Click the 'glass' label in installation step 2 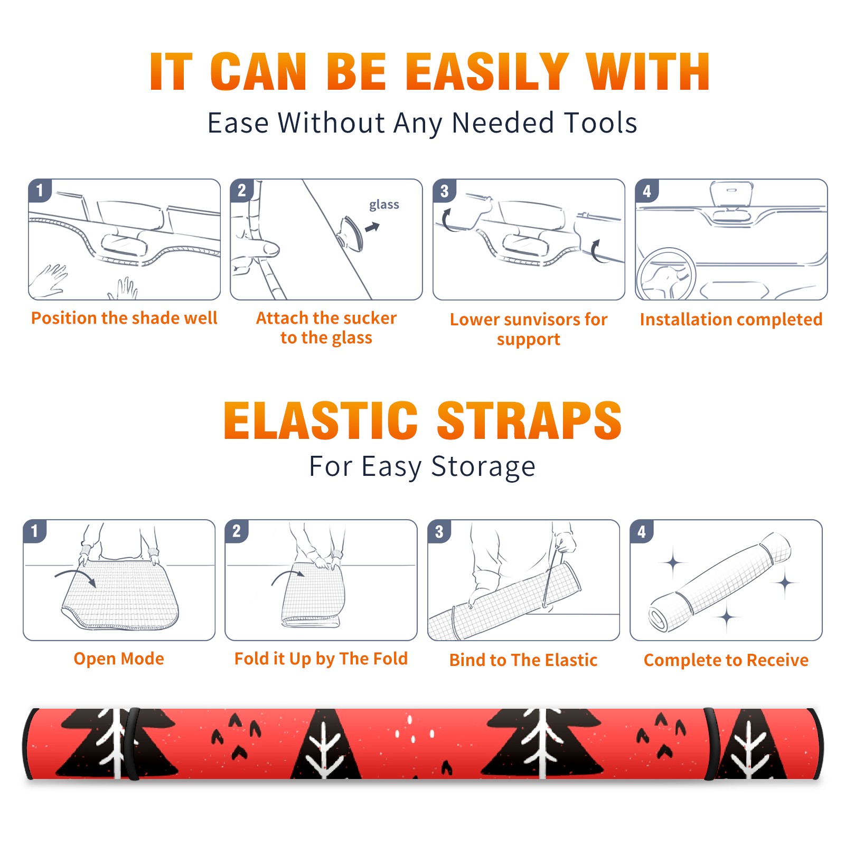tap(384, 205)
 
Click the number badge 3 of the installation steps tap(444, 191)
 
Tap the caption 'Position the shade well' tap(124, 318)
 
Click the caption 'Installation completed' tap(731, 320)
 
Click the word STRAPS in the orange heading tap(529, 420)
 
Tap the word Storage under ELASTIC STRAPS tap(483, 467)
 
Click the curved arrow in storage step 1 tap(75, 577)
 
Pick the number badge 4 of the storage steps tap(641, 531)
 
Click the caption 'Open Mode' tap(119, 659)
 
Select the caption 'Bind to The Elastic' tap(523, 660)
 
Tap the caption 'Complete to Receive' tap(726, 660)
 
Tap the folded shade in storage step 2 tap(314, 594)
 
